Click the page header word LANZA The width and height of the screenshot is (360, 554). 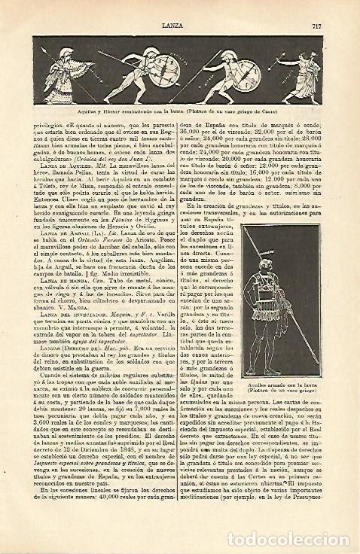[171, 6]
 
